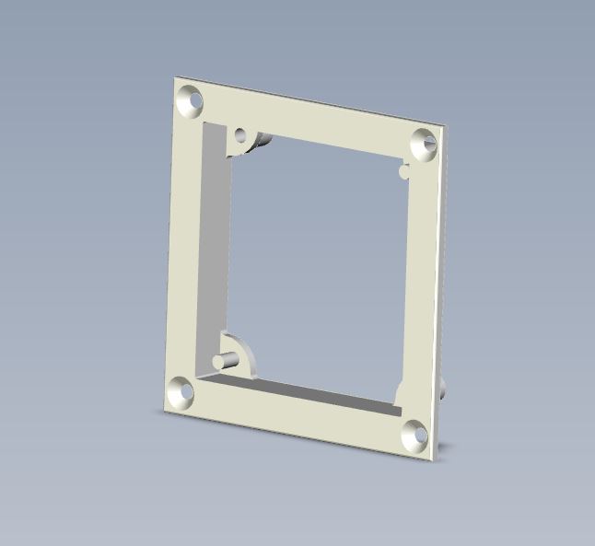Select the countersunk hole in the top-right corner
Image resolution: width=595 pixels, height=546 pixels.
425,144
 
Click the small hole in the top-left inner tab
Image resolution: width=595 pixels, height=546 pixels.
241,135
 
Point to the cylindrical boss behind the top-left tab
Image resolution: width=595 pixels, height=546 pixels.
264,142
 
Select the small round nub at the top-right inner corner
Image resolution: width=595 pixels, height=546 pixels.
404,170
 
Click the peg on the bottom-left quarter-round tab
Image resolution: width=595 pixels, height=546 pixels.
223,358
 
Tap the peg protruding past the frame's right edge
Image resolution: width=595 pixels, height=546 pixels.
447,388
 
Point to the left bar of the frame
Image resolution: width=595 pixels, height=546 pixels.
188,249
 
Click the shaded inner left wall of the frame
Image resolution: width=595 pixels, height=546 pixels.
214,249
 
